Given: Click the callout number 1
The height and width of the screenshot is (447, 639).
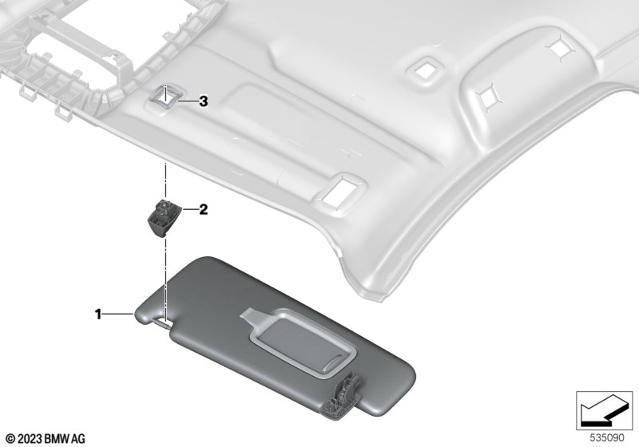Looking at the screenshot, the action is click(97, 314).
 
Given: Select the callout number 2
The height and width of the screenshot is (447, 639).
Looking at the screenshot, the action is click(204, 210).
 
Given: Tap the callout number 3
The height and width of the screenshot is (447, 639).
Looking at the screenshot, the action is click(204, 101).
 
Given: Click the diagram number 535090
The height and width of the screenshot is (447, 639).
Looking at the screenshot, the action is click(607, 438).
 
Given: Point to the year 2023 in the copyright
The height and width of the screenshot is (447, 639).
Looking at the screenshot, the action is click(30, 439).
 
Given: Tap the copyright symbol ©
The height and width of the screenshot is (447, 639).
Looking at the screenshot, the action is click(11, 439).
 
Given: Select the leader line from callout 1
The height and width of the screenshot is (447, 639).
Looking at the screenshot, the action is click(117, 314).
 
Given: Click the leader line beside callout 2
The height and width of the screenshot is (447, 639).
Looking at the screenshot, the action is click(189, 209).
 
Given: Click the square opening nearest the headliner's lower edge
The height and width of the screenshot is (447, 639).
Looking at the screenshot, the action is click(339, 190).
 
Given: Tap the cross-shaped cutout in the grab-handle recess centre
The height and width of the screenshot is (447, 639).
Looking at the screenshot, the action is click(487, 97).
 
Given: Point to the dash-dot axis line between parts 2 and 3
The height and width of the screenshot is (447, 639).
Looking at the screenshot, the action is click(165, 179).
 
